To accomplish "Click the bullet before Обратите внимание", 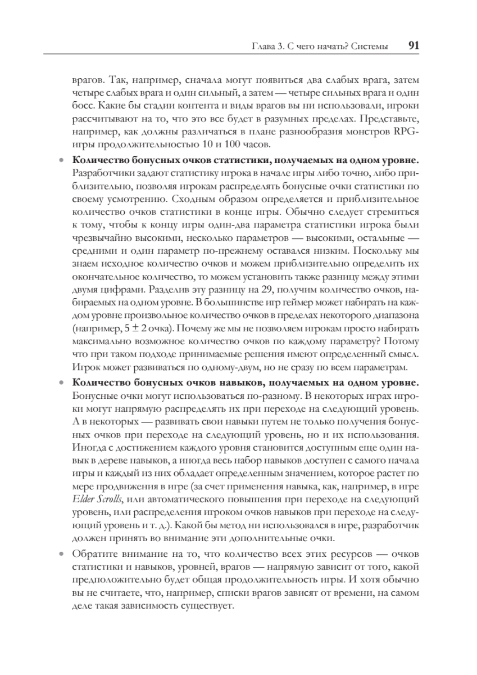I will point(62,553).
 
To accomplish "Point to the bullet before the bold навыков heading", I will point(62,384).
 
